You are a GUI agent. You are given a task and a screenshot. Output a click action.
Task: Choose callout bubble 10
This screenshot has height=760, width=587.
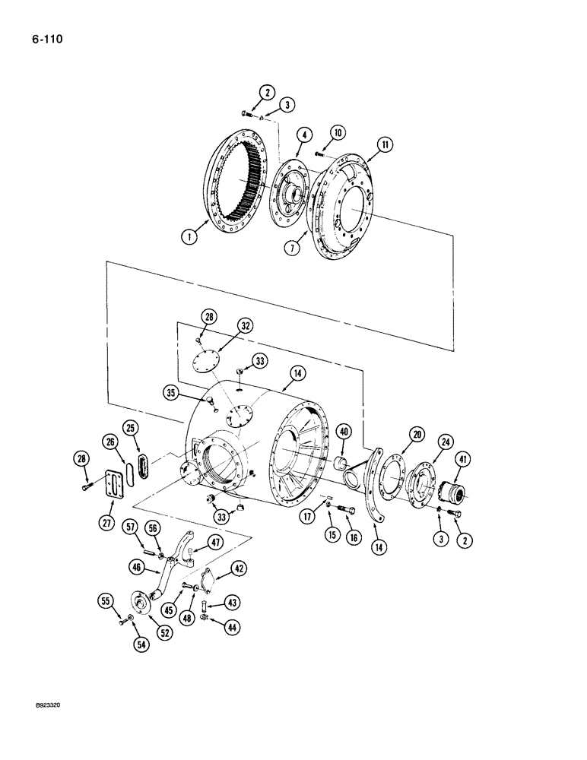pyautogui.click(x=338, y=132)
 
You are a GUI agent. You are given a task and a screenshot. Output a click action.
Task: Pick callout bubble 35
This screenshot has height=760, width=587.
pyautogui.click(x=170, y=392)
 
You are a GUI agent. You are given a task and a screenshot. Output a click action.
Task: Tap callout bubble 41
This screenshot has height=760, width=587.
pyautogui.click(x=463, y=459)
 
